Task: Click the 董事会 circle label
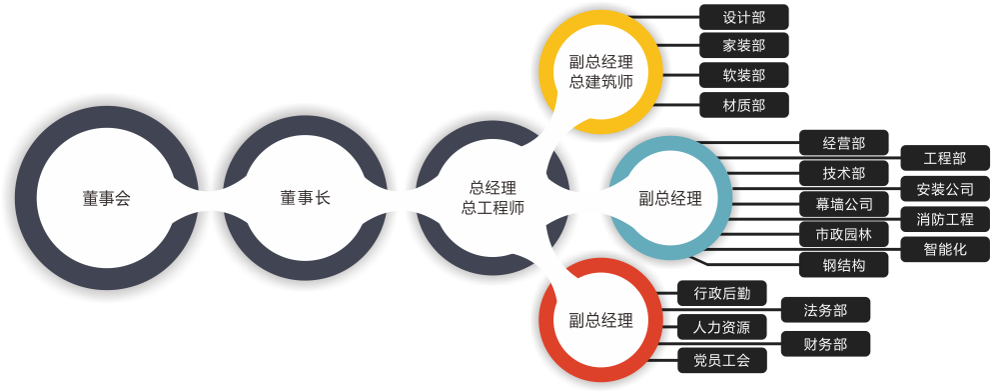coord(107,198)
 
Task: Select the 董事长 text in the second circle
coord(305,198)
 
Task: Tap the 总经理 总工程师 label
coord(493,198)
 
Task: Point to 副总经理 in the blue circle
coord(670,198)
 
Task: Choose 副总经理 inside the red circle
coord(601,321)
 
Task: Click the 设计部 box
coord(744,17)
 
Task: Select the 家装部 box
coord(744,46)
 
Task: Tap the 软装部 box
coord(744,75)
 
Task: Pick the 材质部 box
coord(744,104)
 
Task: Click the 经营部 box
coord(844,143)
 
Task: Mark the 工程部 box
coord(945,158)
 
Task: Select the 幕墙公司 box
coord(844,204)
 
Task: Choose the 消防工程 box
coord(945,219)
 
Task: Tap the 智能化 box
coord(945,250)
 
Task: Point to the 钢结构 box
coord(844,265)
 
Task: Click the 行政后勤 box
coord(715,293)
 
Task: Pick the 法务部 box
coord(825,310)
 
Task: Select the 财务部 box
coord(825,344)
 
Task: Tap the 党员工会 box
coord(715,359)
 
